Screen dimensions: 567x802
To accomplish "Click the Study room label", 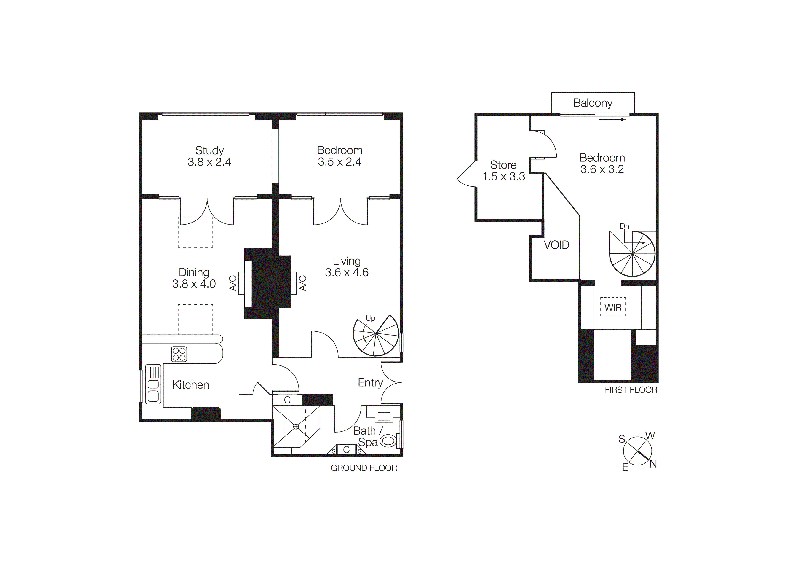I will [209, 150].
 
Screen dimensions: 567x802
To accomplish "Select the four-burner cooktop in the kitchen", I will [179, 354].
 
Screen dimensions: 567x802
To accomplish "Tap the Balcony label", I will [593, 103].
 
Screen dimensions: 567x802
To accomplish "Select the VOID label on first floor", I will [556, 245].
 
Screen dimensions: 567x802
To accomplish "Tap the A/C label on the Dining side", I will [233, 283].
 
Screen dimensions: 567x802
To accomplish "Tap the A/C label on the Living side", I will [303, 283].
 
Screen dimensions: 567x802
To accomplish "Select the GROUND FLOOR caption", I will [364, 468].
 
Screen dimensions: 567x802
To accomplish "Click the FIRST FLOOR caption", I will [631, 390].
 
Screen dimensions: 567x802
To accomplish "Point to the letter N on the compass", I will [653, 464].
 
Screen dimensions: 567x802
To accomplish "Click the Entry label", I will [370, 383].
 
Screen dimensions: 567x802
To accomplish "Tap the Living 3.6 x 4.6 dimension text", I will [347, 272].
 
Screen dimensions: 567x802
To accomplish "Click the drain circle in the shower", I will [296, 427].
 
